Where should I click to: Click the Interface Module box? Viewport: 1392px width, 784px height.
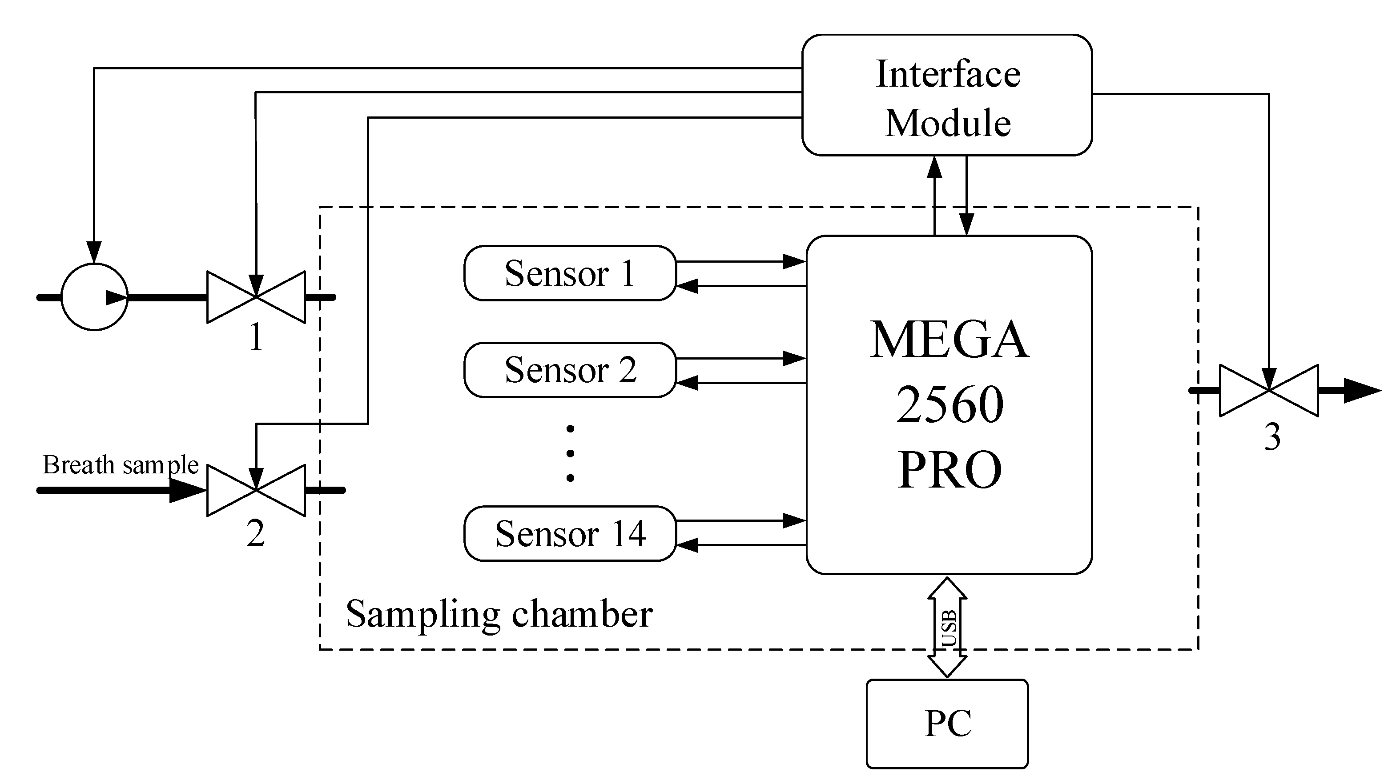coord(947,96)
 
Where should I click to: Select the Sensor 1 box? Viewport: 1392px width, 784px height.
coord(570,273)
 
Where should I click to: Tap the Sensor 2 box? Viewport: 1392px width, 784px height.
coord(570,370)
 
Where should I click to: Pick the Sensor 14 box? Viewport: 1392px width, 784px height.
coord(570,533)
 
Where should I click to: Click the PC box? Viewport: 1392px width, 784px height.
coord(947,724)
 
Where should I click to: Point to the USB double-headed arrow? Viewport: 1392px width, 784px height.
coord(947,628)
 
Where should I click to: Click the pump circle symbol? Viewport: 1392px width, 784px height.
coord(95,297)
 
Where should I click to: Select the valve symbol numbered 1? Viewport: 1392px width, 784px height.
coord(256,297)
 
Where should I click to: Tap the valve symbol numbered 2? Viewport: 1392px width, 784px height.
coord(256,490)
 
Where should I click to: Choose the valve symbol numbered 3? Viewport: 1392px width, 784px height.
coord(1269,390)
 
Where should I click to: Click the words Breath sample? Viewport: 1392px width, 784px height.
coord(121,465)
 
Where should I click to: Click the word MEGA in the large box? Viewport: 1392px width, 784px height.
coord(949,340)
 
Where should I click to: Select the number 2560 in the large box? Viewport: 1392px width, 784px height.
coord(949,404)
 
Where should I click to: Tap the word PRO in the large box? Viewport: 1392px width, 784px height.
coord(949,469)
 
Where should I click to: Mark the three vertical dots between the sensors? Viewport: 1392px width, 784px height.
coord(570,453)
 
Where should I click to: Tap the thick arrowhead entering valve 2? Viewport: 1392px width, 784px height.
coord(186,490)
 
